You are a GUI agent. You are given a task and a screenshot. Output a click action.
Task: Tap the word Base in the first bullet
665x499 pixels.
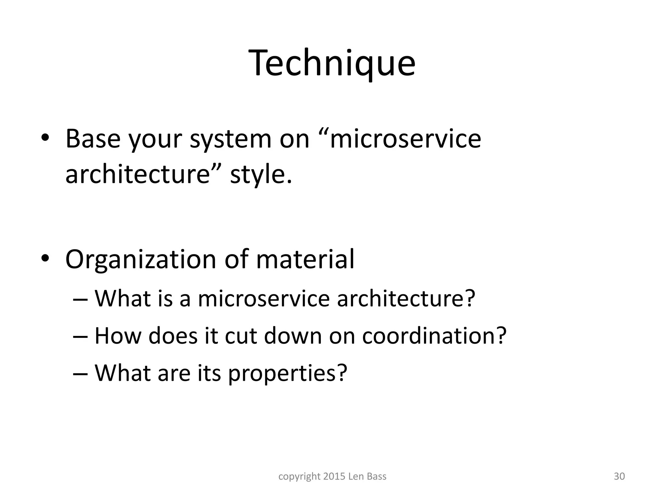pos(93,139)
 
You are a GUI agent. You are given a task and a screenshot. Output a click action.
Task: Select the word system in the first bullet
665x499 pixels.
pos(230,139)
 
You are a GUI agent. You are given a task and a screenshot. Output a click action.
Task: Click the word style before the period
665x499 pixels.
pos(258,174)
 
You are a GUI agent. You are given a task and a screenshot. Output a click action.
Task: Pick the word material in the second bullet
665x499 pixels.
pos(305,260)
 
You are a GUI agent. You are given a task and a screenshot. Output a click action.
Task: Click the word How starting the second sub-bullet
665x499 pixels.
pos(118,336)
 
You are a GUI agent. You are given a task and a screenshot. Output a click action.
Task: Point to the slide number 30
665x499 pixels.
pos(619,476)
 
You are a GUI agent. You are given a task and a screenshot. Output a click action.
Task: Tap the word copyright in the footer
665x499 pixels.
pos(299,477)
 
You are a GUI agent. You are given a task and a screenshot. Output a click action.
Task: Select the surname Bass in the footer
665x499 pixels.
pos(376,476)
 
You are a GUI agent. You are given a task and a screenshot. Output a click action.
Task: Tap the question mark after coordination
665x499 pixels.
pos(500,336)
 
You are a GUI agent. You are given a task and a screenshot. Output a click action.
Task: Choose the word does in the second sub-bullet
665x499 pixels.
pos(173,336)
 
